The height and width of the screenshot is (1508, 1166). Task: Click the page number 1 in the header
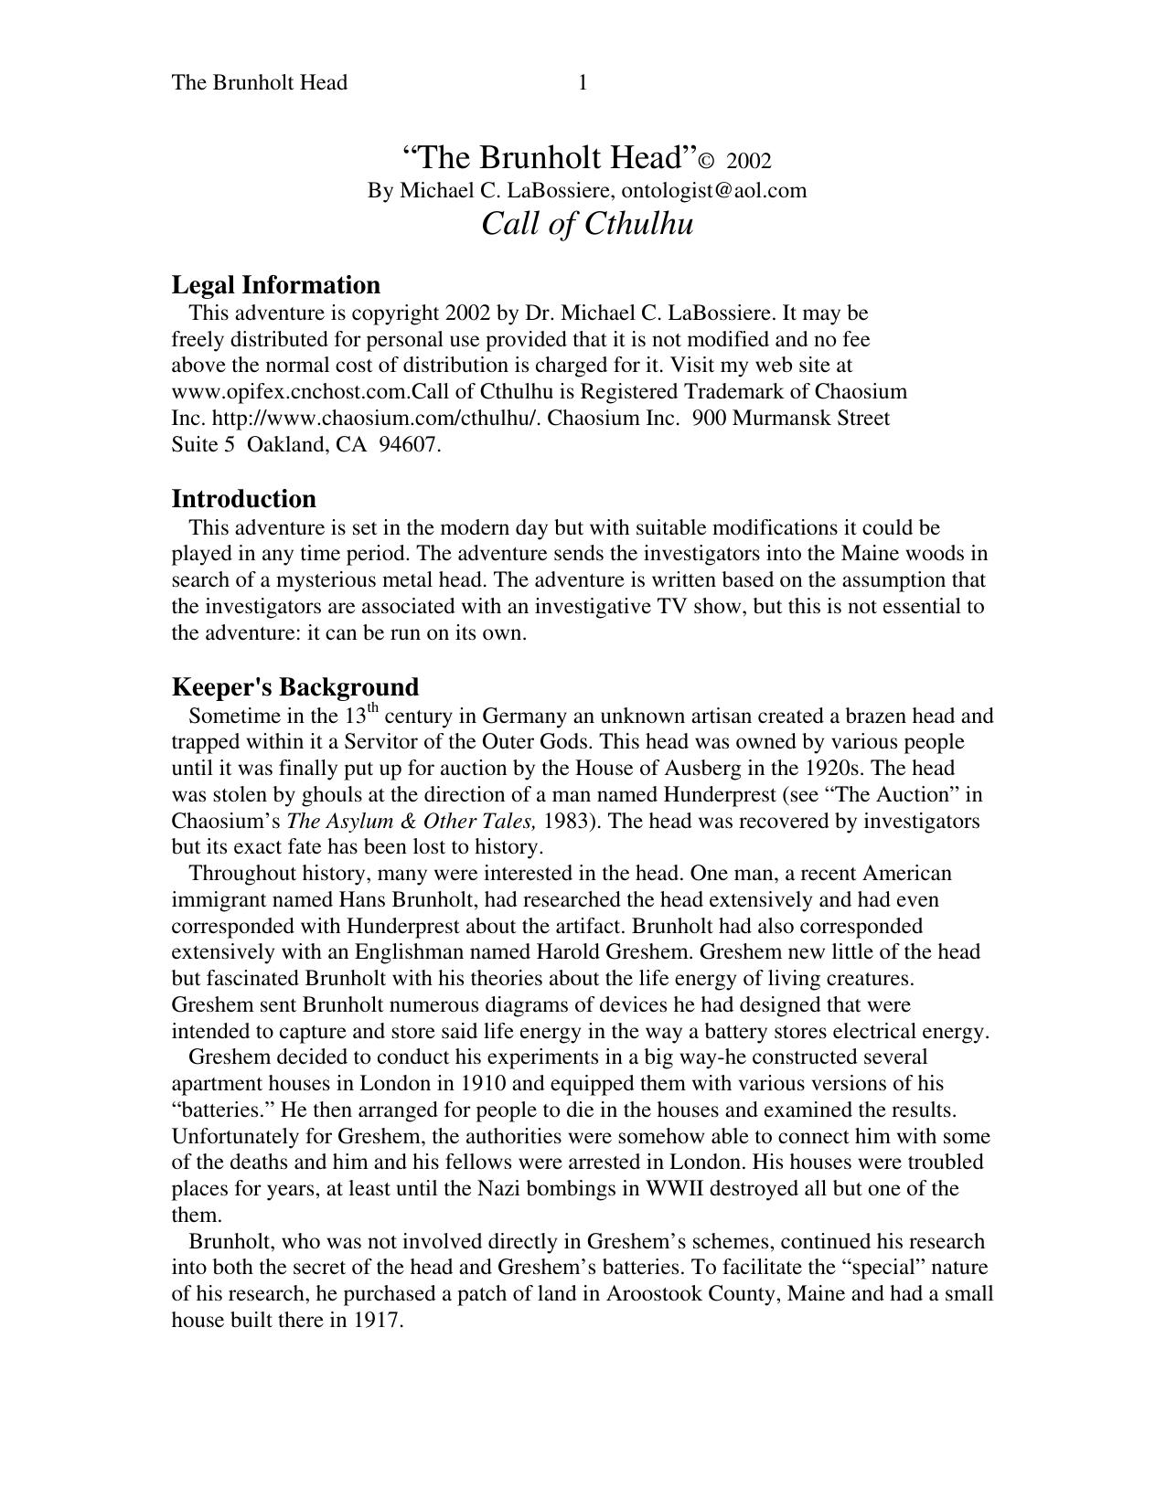583,83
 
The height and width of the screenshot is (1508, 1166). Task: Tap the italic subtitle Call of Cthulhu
587,224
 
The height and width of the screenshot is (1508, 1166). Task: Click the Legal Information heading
275,285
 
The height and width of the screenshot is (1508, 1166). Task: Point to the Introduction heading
243,499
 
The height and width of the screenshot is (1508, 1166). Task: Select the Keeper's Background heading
294,687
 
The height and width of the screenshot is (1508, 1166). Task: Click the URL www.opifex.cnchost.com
291,392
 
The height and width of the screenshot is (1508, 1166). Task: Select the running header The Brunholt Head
259,83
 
